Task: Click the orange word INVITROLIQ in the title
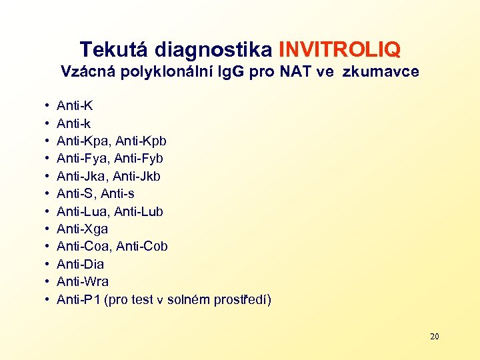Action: click(x=340, y=49)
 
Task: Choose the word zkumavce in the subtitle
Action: click(x=381, y=71)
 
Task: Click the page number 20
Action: click(x=434, y=336)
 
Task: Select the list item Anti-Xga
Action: click(x=83, y=229)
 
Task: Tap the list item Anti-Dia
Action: click(x=81, y=265)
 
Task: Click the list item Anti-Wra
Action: click(x=83, y=282)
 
